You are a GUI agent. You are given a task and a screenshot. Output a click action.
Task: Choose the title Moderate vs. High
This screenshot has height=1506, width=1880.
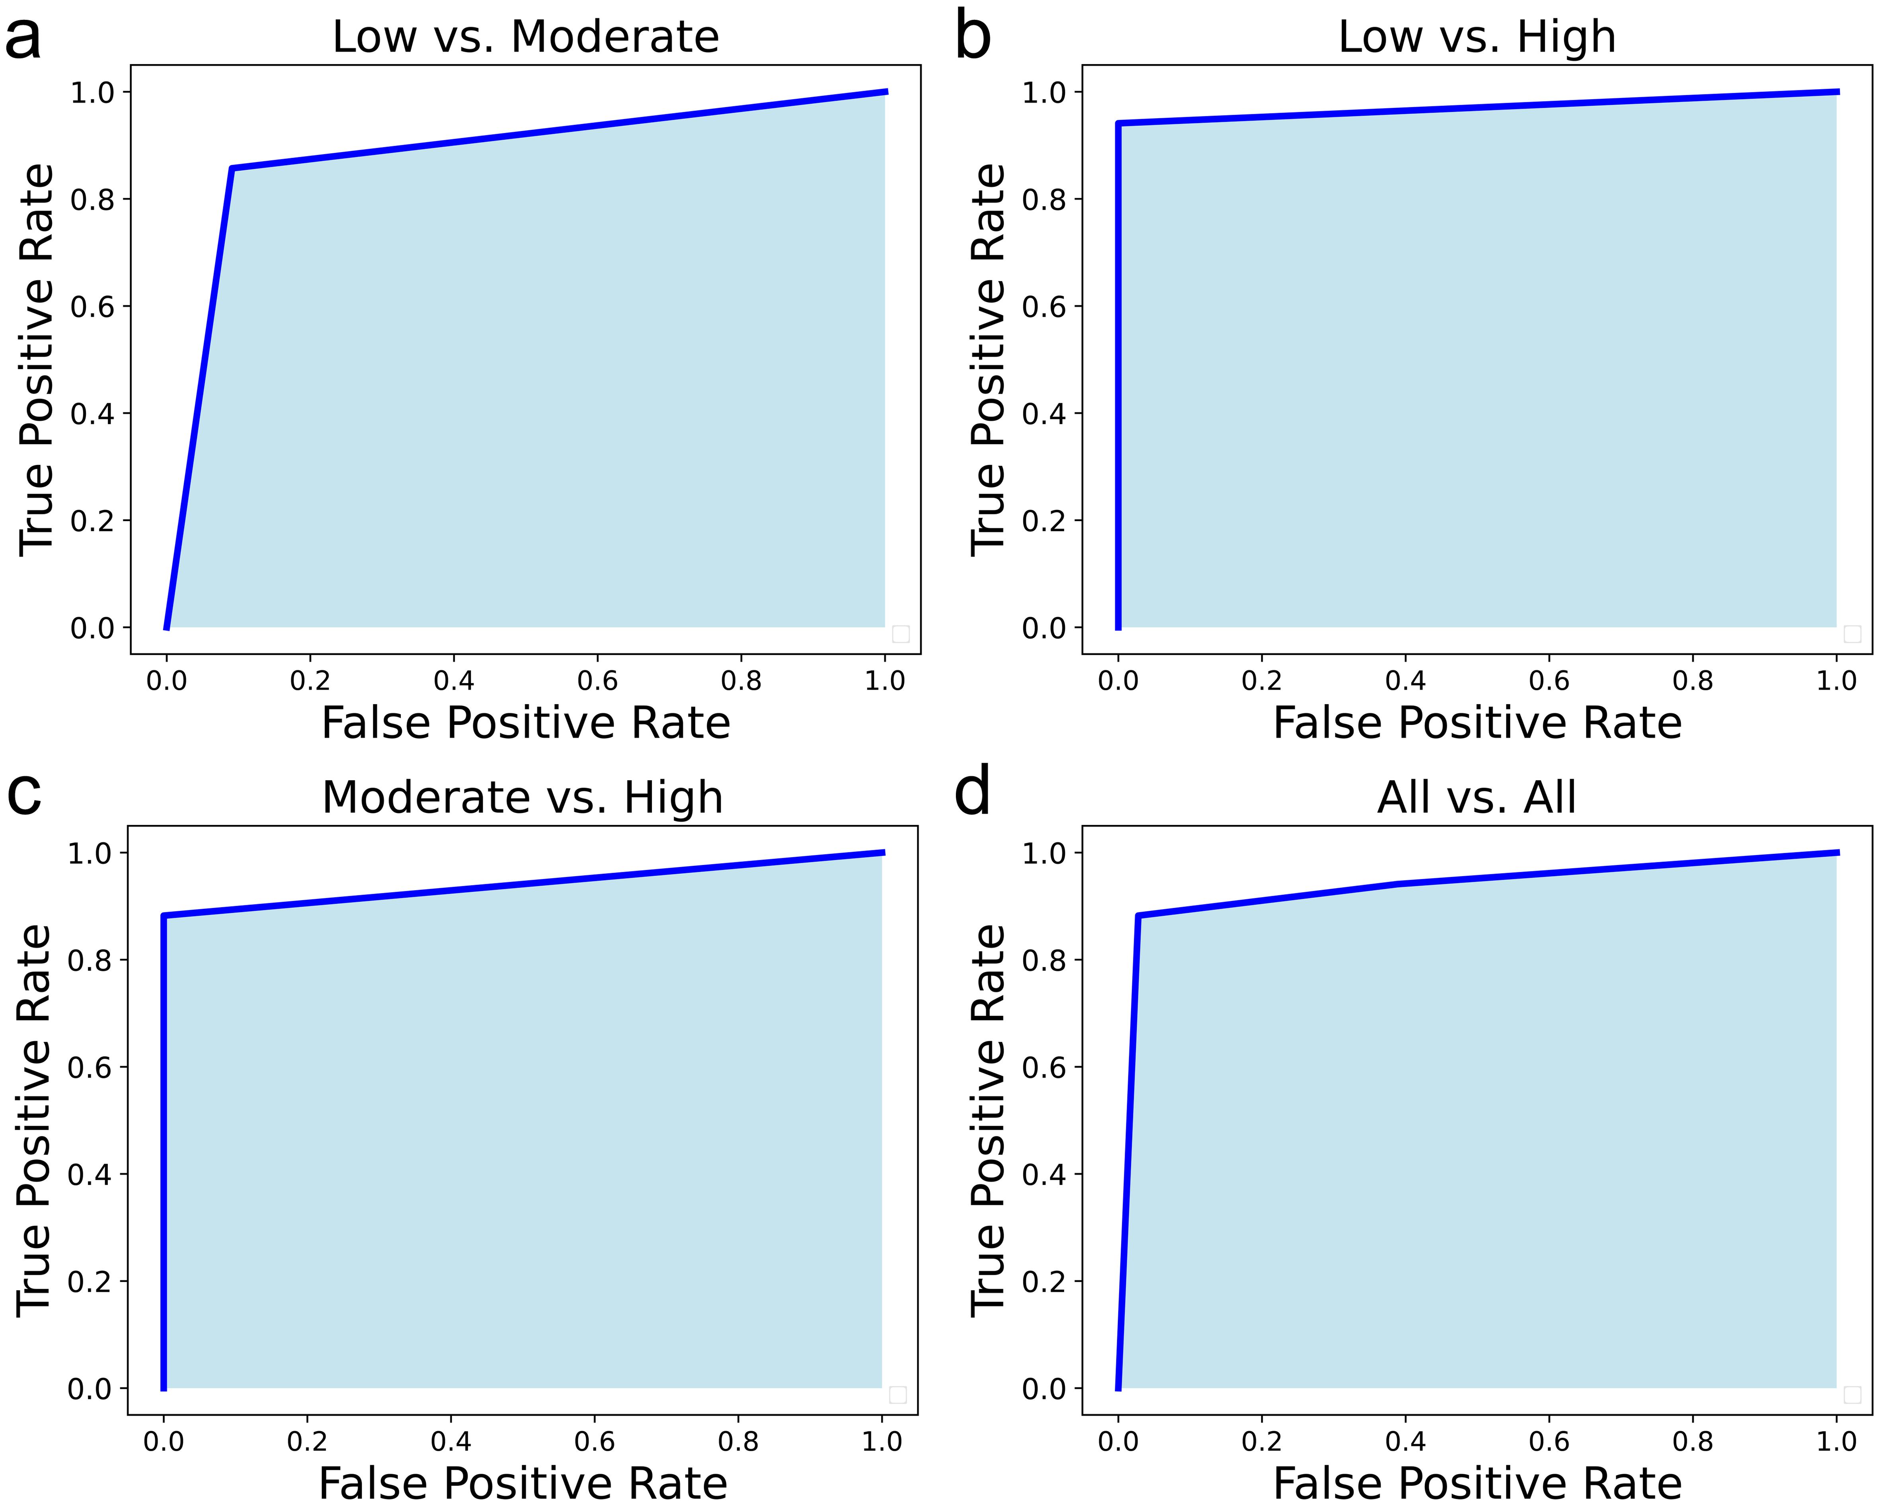[x=522, y=797]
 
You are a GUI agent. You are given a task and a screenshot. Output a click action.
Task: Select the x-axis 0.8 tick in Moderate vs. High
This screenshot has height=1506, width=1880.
[x=739, y=1441]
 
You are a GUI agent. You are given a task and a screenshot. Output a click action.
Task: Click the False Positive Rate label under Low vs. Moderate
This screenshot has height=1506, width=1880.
[x=526, y=723]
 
